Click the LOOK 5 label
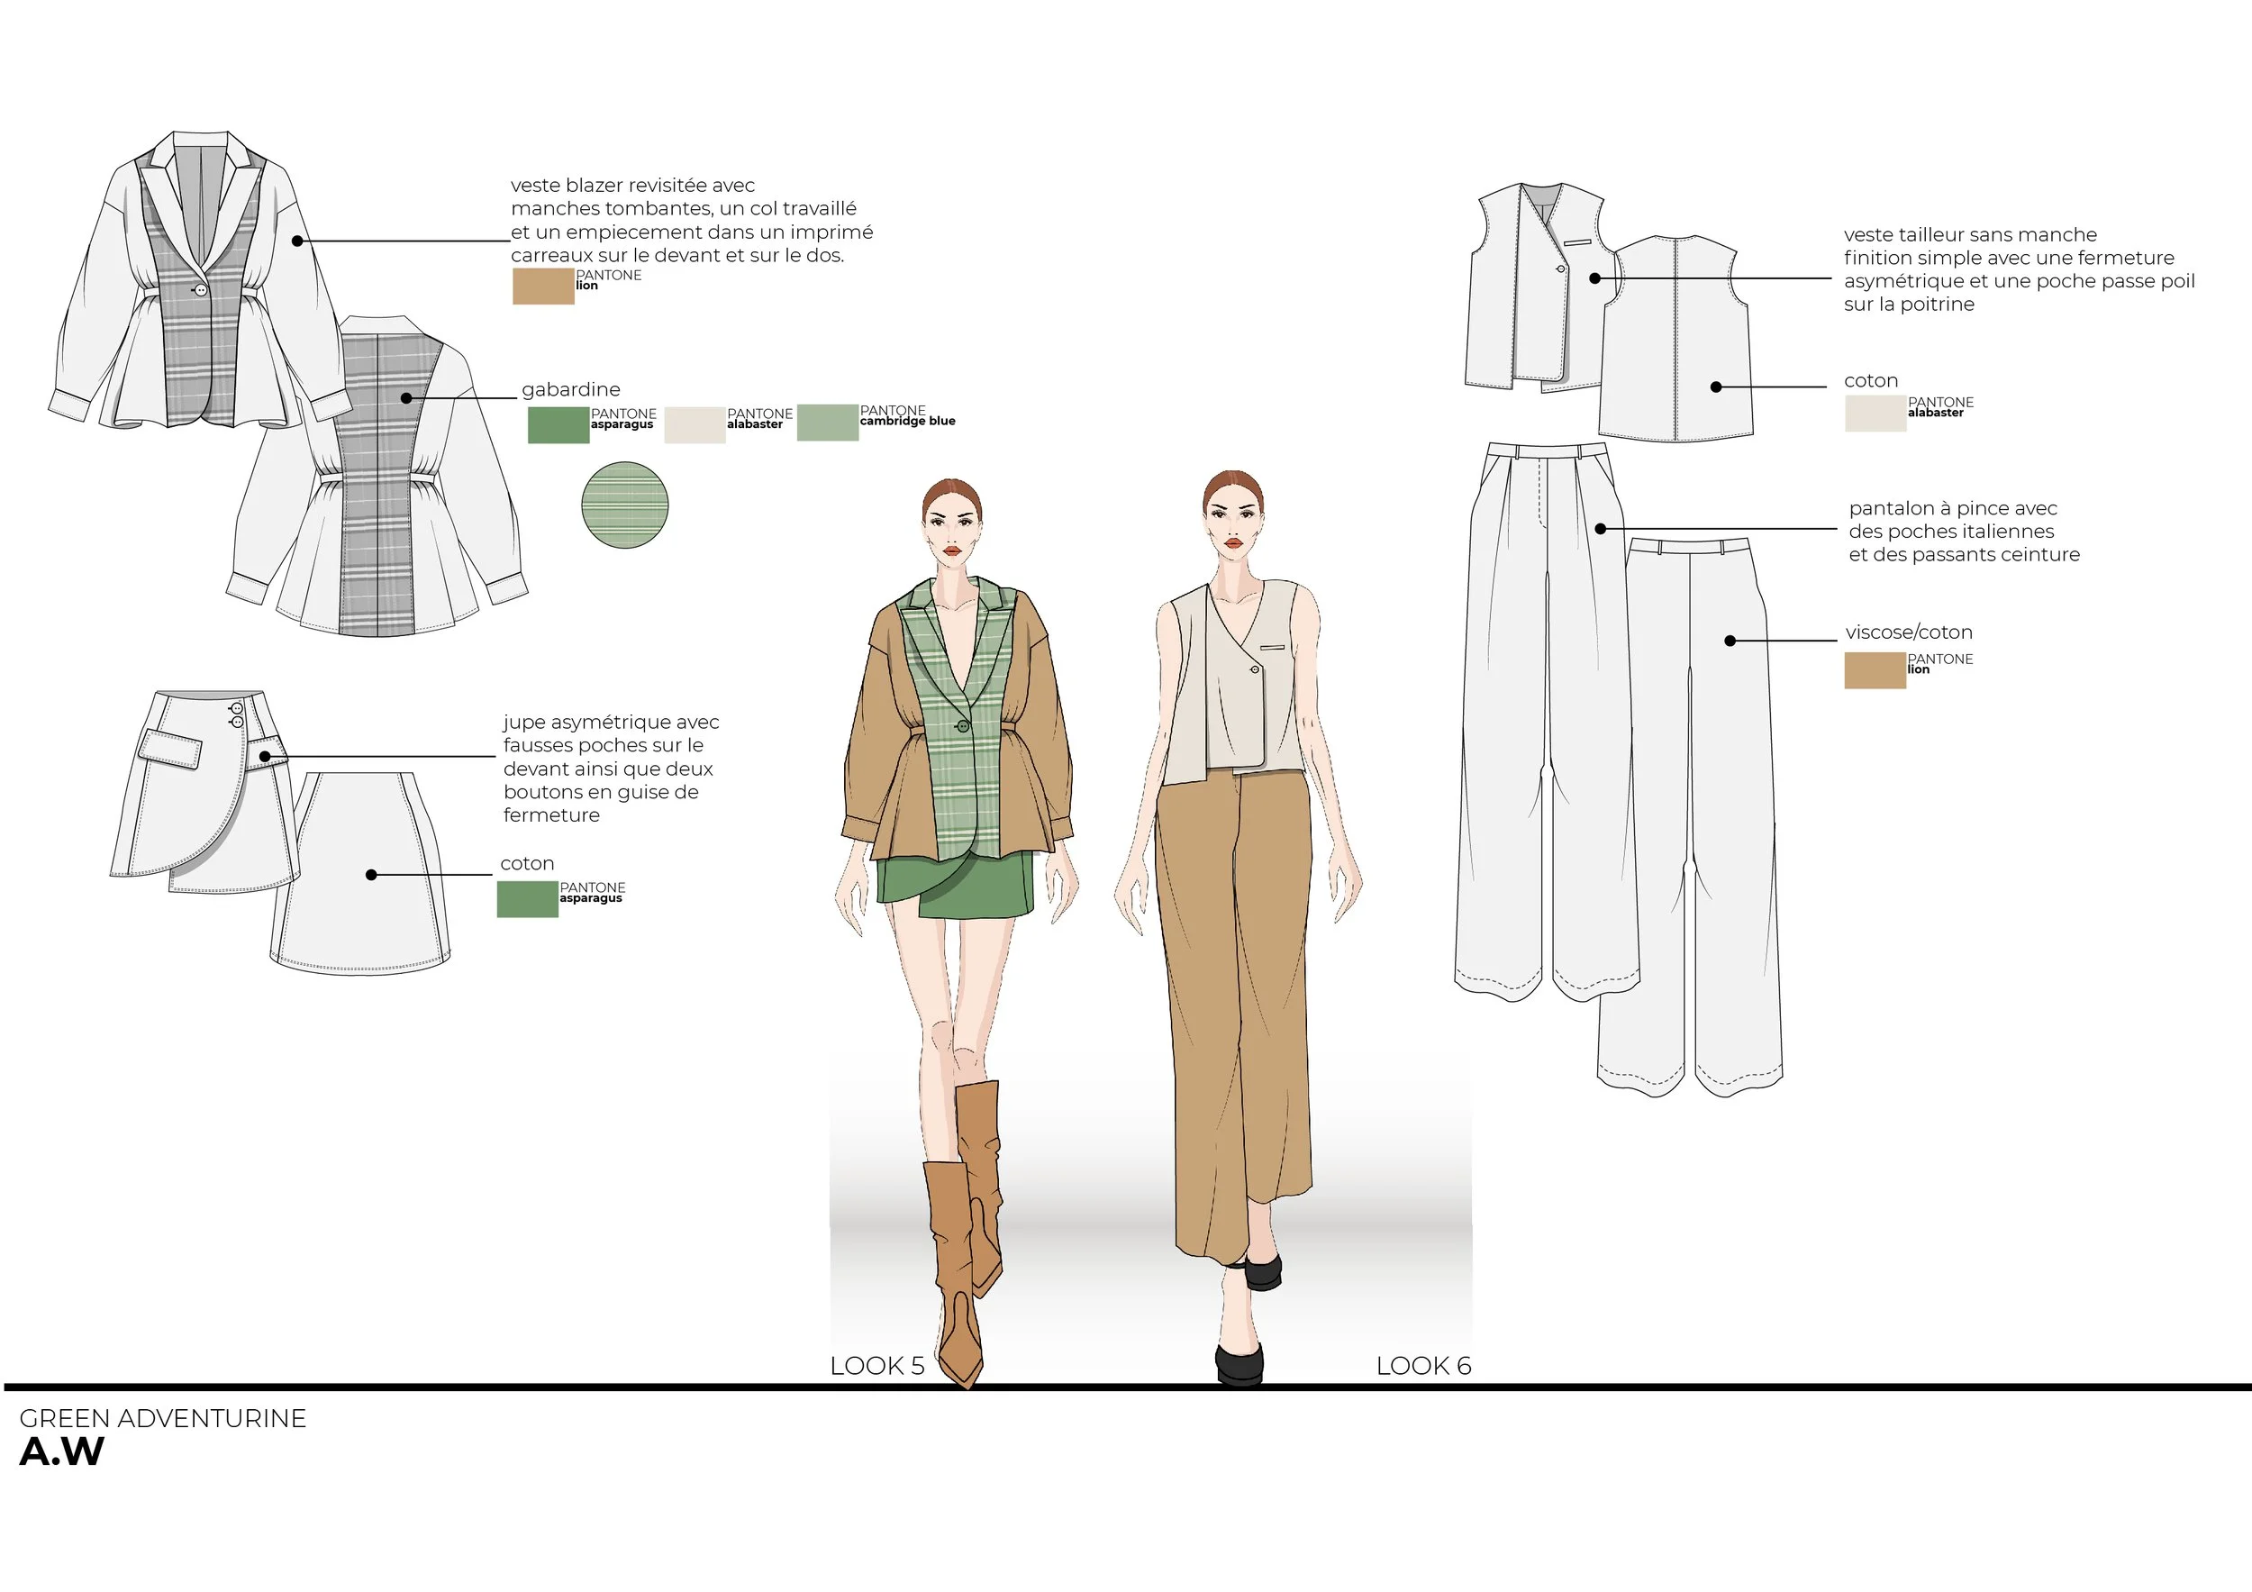(876, 1366)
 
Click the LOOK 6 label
(1423, 1366)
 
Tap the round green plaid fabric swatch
(625, 506)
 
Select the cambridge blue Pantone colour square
(827, 422)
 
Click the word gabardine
(571, 389)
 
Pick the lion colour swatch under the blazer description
(542, 287)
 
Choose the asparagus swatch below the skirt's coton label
(527, 899)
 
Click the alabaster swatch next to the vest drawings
(1875, 413)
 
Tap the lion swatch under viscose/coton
(1875, 671)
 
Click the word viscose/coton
(1908, 632)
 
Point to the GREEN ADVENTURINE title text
(163, 1418)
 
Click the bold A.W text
(62, 1451)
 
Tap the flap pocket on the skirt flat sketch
(169, 750)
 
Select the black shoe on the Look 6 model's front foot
(1240, 1363)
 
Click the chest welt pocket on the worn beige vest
(1273, 648)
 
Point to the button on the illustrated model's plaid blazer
(963, 726)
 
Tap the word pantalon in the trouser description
(1891, 508)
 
